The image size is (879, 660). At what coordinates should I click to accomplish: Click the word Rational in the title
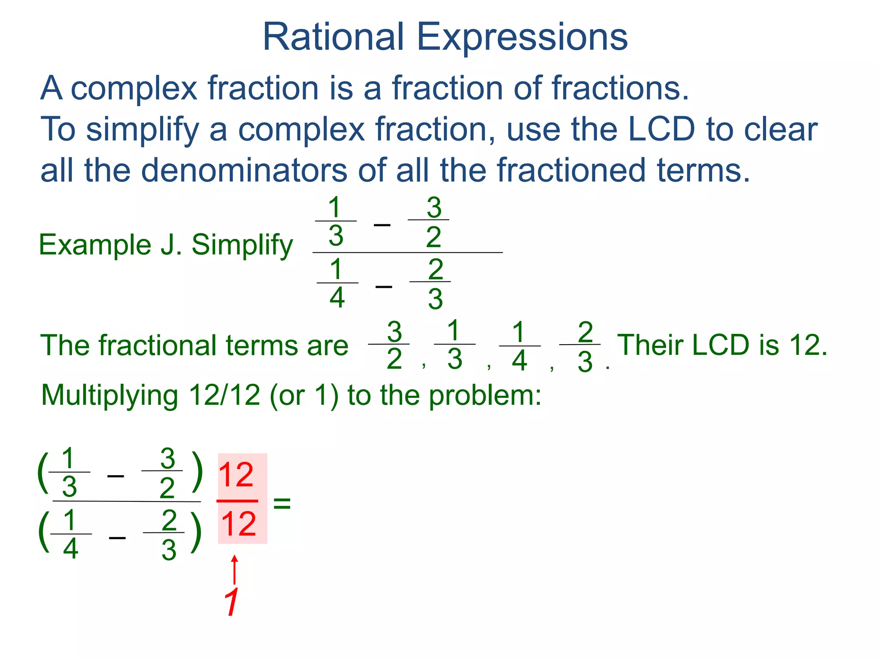click(333, 37)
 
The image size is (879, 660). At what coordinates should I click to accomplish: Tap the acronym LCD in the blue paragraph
click(661, 129)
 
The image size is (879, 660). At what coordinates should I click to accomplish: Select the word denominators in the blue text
click(244, 170)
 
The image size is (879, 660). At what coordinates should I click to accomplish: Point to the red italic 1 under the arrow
click(232, 602)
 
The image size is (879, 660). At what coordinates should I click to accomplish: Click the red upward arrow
click(234, 570)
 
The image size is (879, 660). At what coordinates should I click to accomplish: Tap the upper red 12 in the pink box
click(236, 475)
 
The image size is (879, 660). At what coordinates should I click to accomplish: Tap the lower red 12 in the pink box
click(239, 524)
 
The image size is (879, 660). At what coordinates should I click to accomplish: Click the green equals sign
click(282, 502)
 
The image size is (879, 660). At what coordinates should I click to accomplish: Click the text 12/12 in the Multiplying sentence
click(224, 395)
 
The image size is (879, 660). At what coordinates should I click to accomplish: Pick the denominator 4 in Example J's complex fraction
click(337, 298)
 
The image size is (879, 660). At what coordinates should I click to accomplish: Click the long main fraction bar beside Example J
click(407, 253)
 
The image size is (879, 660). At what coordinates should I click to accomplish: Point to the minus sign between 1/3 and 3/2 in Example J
click(382, 225)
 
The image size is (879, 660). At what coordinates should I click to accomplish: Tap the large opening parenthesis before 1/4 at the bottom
click(43, 532)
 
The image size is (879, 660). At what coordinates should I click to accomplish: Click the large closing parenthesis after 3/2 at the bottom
click(197, 471)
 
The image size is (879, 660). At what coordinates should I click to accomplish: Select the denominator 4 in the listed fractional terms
click(519, 361)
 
